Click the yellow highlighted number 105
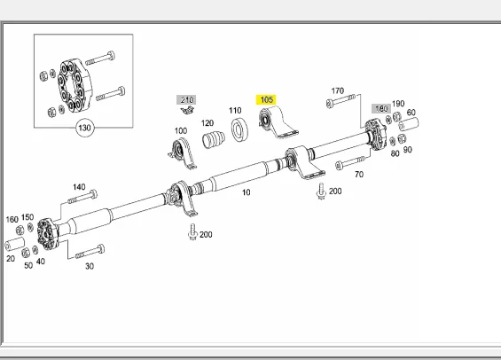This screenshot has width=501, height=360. pyautogui.click(x=267, y=100)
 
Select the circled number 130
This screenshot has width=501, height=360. pyautogui.click(x=84, y=128)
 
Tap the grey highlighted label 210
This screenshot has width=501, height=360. pyautogui.click(x=186, y=100)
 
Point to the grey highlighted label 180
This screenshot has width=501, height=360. pyautogui.click(x=381, y=108)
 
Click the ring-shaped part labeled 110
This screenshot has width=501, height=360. pyautogui.click(x=239, y=129)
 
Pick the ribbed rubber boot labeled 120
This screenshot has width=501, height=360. pyautogui.click(x=213, y=139)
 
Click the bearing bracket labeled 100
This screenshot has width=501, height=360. pyautogui.click(x=183, y=153)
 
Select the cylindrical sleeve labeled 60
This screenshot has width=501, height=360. pyautogui.click(x=409, y=124)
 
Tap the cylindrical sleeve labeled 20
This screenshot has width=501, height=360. pyautogui.click(x=15, y=245)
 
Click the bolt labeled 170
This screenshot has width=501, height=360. pyautogui.click(x=341, y=100)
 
